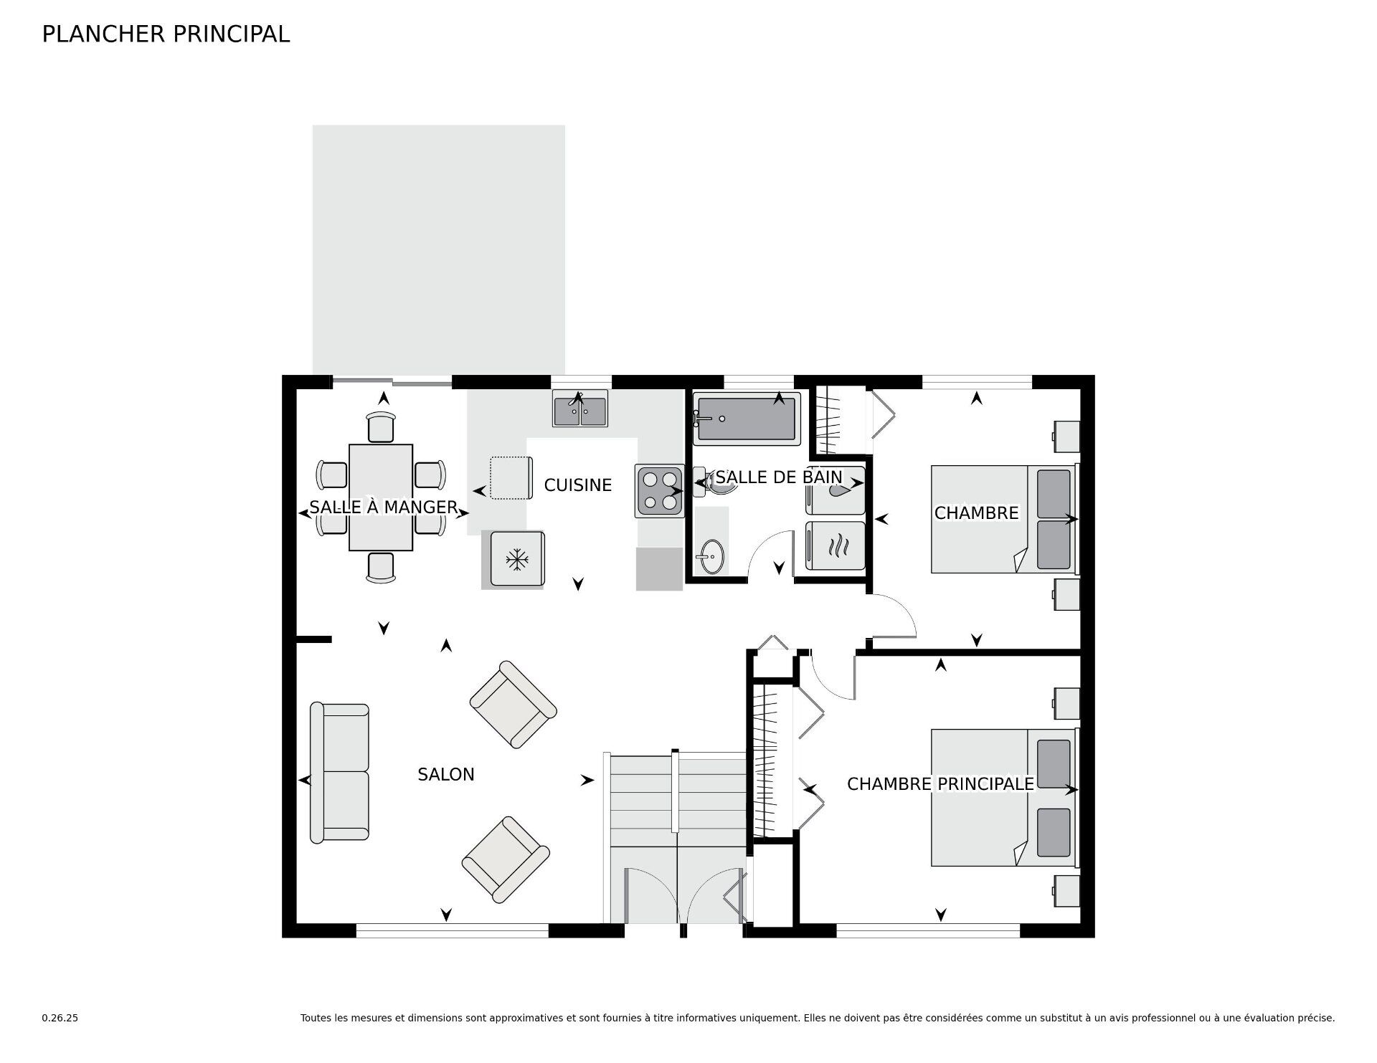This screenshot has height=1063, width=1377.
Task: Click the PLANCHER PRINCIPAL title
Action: [x=166, y=34]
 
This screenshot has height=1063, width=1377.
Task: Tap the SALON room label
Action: [x=446, y=774]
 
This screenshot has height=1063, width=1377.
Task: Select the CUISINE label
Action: [x=577, y=485]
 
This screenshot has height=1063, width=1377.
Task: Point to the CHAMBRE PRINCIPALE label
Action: [x=940, y=784]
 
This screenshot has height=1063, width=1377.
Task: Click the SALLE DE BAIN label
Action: [x=779, y=477]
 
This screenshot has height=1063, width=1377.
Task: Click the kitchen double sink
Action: [x=580, y=408]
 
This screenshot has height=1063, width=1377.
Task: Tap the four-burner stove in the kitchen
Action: [x=659, y=491]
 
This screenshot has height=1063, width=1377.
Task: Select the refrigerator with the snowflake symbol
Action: [x=516, y=559]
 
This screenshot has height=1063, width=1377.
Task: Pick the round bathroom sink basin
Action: [x=711, y=556]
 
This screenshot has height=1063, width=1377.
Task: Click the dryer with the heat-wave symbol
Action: [x=836, y=545]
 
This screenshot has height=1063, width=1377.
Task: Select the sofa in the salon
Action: [x=339, y=773]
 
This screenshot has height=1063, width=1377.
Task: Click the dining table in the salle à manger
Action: [x=381, y=497]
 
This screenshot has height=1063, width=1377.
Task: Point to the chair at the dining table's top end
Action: [x=381, y=427]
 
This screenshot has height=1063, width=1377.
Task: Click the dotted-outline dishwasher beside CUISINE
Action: [x=511, y=477]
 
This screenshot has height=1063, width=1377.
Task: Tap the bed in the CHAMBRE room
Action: [x=1005, y=519]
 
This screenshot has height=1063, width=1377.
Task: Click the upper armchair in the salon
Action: [x=513, y=705]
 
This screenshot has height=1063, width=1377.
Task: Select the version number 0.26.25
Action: [x=60, y=1018]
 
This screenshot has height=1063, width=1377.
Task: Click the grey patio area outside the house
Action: [x=439, y=250]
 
